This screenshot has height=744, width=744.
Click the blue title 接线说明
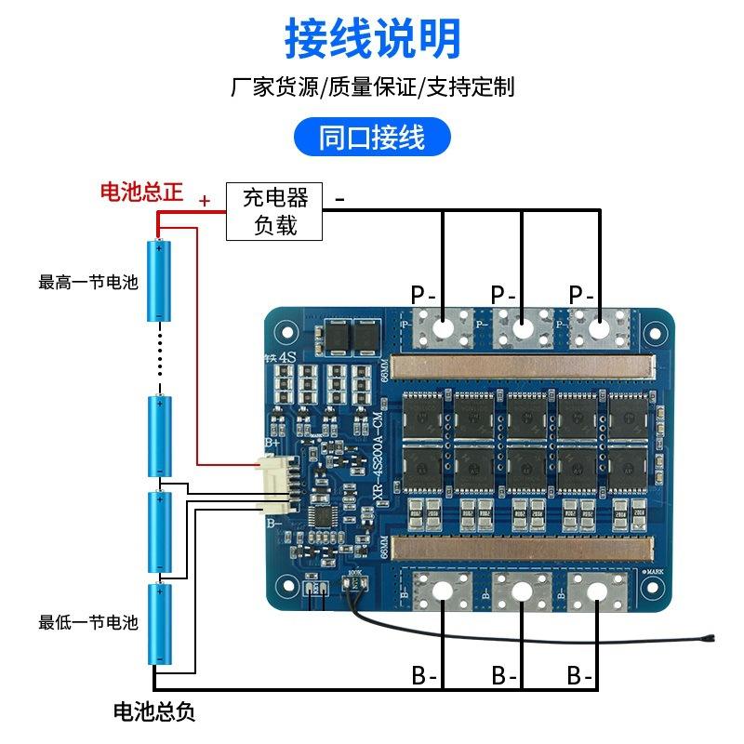pos(372,39)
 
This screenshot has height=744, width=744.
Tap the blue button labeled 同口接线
pos(372,138)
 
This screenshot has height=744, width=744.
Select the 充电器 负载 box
pos(275,211)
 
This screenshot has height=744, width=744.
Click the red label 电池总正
pos(141,193)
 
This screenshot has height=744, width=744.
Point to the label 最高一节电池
pos(88,282)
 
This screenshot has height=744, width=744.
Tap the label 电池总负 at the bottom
pos(154,713)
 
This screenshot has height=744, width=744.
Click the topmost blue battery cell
pos(160,281)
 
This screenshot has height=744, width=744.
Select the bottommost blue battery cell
pos(160,624)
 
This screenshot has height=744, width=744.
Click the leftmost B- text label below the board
pos(425,675)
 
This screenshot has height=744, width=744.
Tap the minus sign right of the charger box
pos(340,198)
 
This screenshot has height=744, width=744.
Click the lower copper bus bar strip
pos(525,547)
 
